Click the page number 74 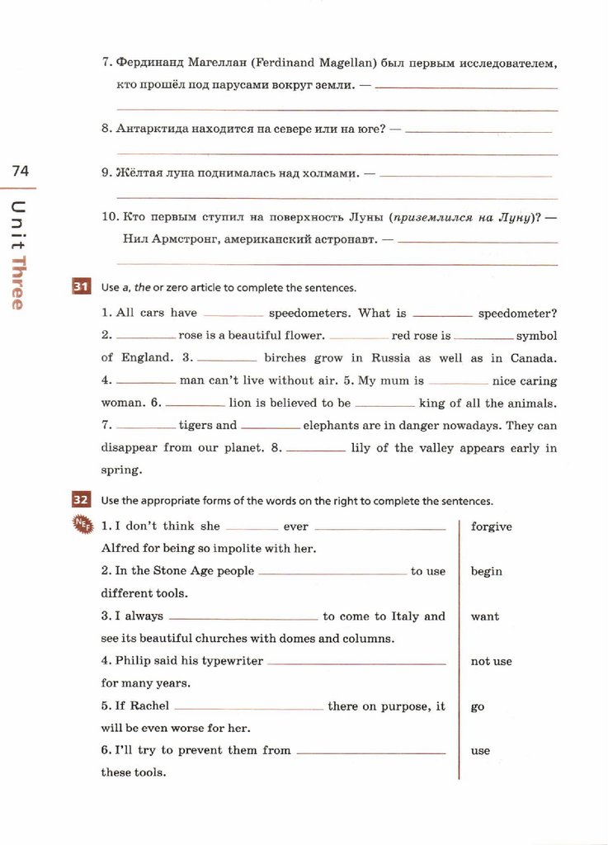pyautogui.click(x=20, y=171)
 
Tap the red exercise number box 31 pyautogui.click(x=81, y=287)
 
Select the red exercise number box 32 pyautogui.click(x=81, y=500)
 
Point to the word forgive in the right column pyautogui.click(x=491, y=526)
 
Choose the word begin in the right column pyautogui.click(x=486, y=571)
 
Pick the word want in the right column pyautogui.click(x=484, y=616)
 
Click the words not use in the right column pyautogui.click(x=491, y=661)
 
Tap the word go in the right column pyautogui.click(x=478, y=707)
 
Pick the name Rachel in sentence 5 pyautogui.click(x=149, y=706)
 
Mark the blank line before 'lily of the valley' pyautogui.click(x=316, y=450)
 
